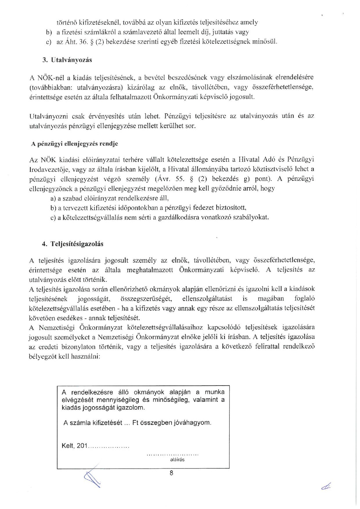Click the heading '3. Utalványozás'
[x=67, y=60]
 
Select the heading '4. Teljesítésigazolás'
[x=73, y=244]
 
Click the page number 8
[x=171, y=473]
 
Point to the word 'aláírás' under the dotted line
[x=177, y=460]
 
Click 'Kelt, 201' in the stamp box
[x=75, y=446]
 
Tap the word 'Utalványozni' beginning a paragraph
[x=48, y=117]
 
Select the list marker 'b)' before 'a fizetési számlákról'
[x=48, y=32]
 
